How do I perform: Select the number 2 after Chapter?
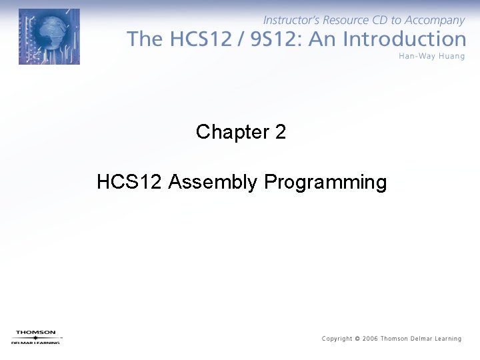(x=280, y=132)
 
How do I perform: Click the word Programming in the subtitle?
(x=325, y=182)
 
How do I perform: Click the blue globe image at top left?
(x=49, y=37)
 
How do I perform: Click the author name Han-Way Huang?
(x=431, y=56)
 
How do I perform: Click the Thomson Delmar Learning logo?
(x=36, y=337)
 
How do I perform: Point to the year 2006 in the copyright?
(x=370, y=339)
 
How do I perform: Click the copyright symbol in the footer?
(x=357, y=339)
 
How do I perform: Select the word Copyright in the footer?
(x=337, y=339)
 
